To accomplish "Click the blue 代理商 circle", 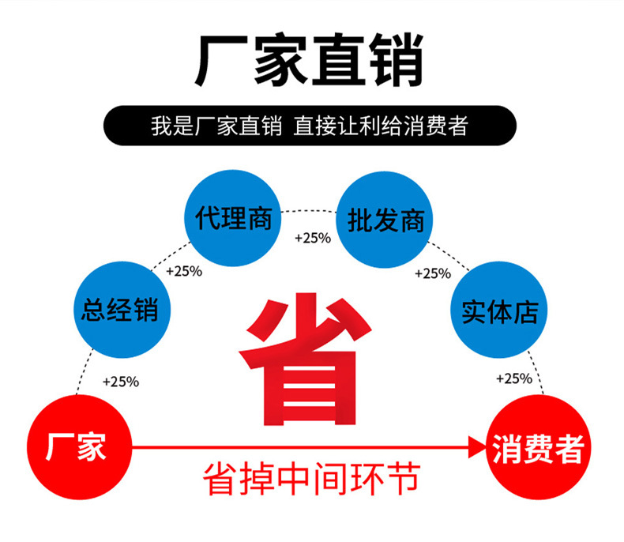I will pos(234,219).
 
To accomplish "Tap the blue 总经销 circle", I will pos(120,308).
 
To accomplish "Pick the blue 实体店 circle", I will pos(499,311).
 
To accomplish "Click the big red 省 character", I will pos(306,360).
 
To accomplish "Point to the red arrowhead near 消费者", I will pos(476,448).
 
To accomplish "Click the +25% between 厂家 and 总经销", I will pos(121,382).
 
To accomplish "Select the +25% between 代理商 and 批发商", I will pos(312,238).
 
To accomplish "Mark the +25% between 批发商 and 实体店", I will pos(433,273).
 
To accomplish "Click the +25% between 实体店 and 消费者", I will pos(513,378).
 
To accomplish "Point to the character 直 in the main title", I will pos(338,61).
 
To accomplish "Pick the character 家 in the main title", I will pos(280,61).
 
